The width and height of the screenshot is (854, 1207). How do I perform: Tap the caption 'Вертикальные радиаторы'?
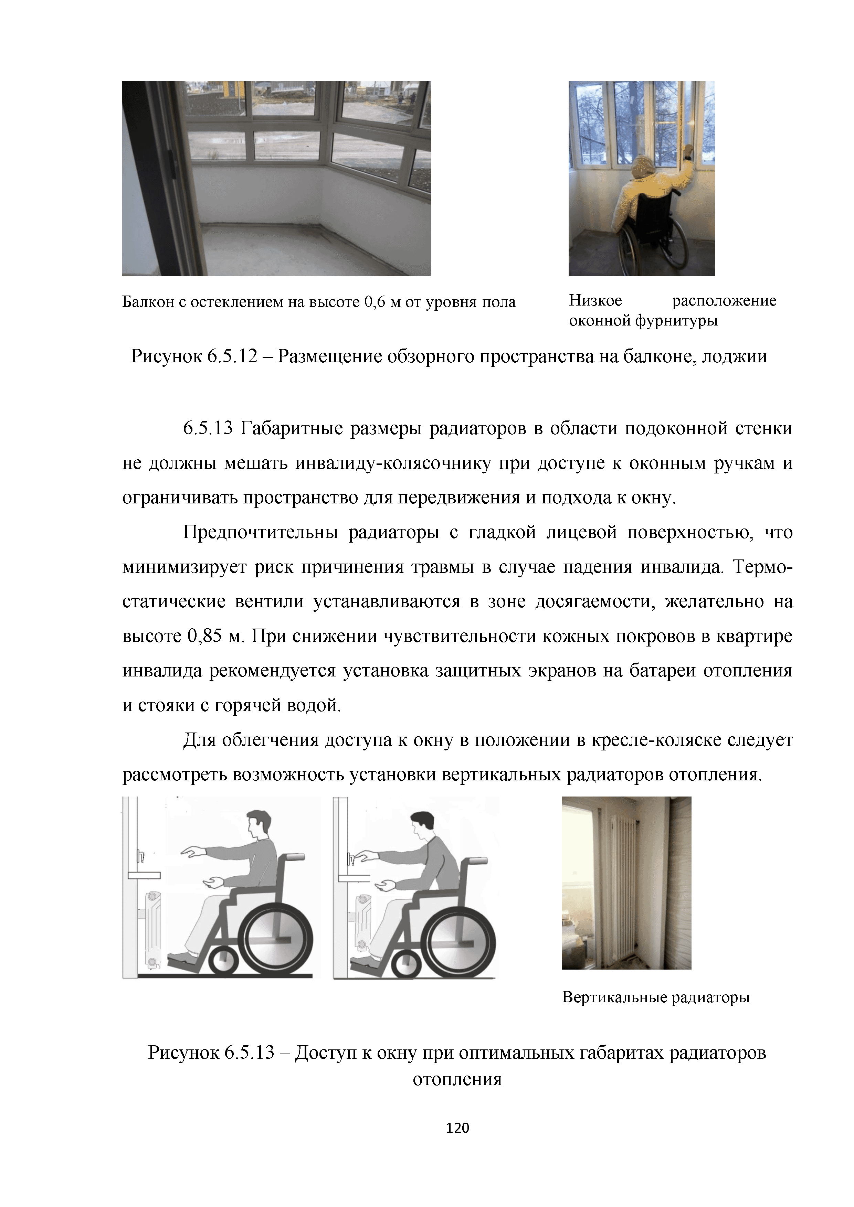point(655,997)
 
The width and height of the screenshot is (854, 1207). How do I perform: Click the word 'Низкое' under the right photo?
point(595,301)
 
